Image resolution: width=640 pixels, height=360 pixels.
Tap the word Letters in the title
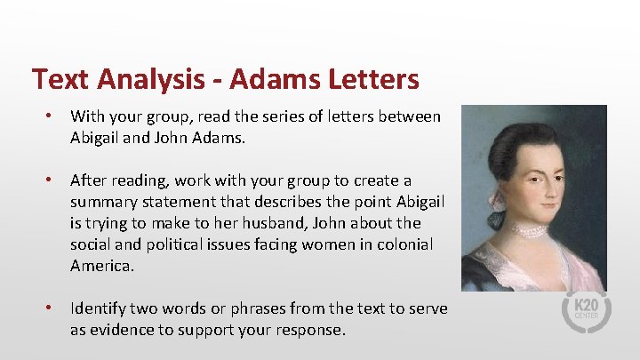[369, 80]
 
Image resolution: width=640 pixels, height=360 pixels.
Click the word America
[101, 266]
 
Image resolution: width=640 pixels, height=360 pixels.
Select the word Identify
[98, 308]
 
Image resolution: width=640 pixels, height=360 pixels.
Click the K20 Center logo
[585, 312]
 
